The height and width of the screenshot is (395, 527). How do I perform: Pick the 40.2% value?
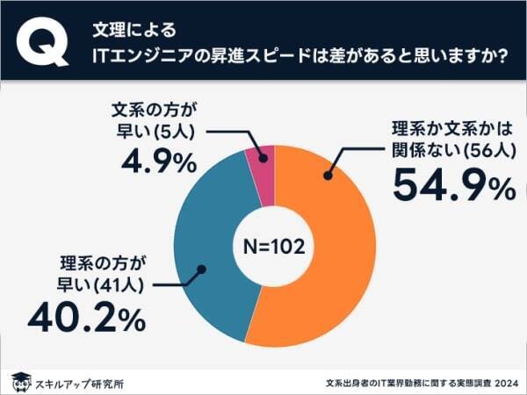tap(86, 320)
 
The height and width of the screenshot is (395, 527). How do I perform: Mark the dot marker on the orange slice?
tap(328, 176)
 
